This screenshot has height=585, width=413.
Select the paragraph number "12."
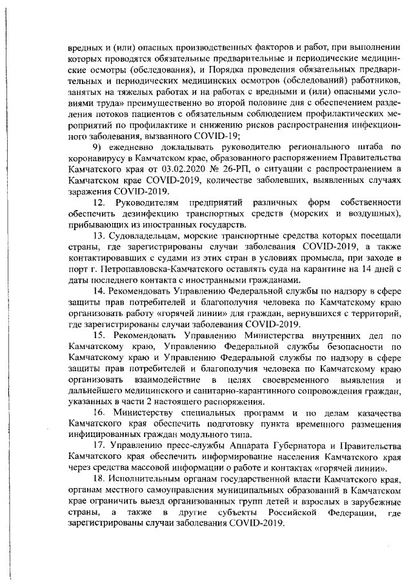(x=102, y=203)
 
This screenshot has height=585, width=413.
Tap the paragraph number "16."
(x=102, y=412)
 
